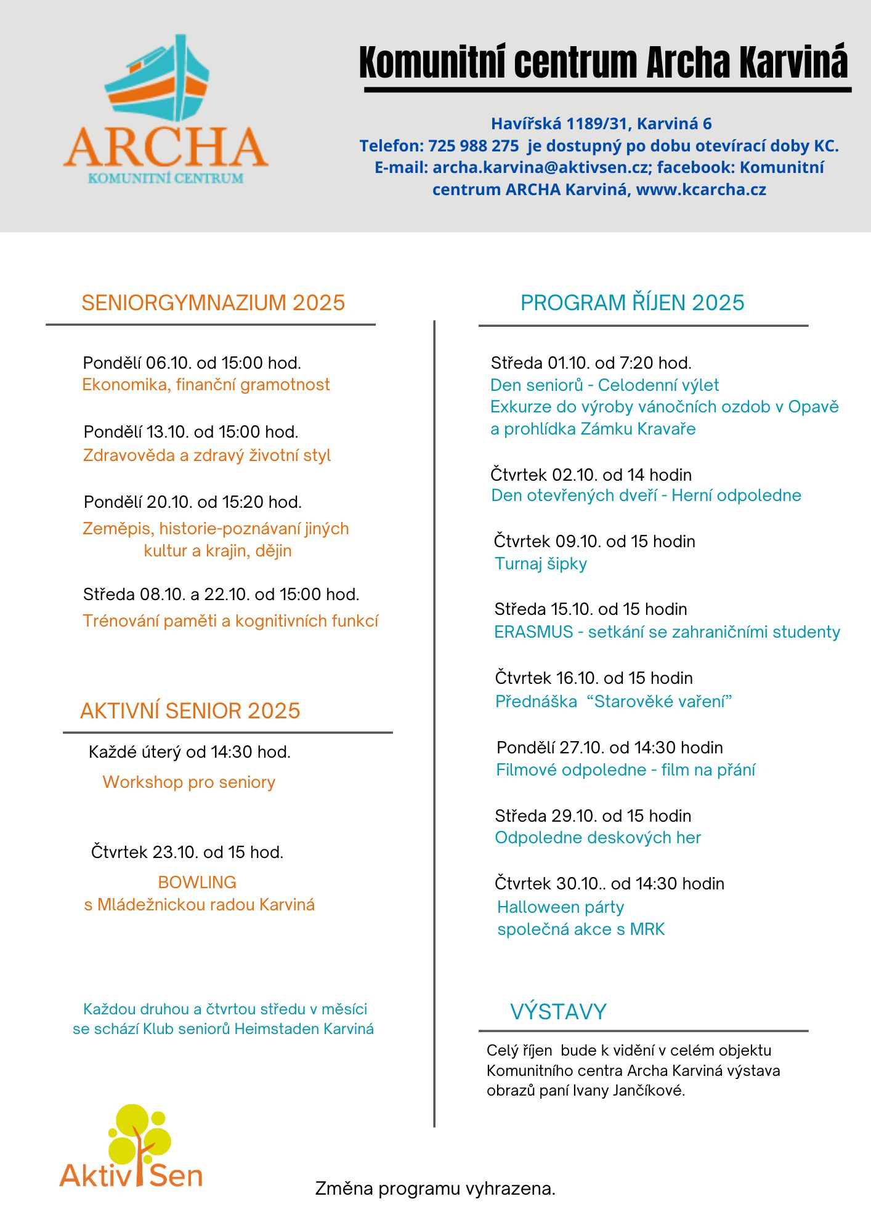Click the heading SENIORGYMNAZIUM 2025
213,303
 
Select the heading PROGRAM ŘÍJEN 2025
632,303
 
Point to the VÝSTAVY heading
558,1011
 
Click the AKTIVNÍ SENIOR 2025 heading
190,711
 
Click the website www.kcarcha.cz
701,190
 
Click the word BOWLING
197,882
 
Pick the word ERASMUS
533,632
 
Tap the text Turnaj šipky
541,564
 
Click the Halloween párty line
561,907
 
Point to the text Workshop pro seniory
188,782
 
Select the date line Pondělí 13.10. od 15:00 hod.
191,431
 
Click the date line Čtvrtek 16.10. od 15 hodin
594,678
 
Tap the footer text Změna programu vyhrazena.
435,1189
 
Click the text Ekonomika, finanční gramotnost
206,385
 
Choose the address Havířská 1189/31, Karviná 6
601,124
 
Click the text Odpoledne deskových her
598,838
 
